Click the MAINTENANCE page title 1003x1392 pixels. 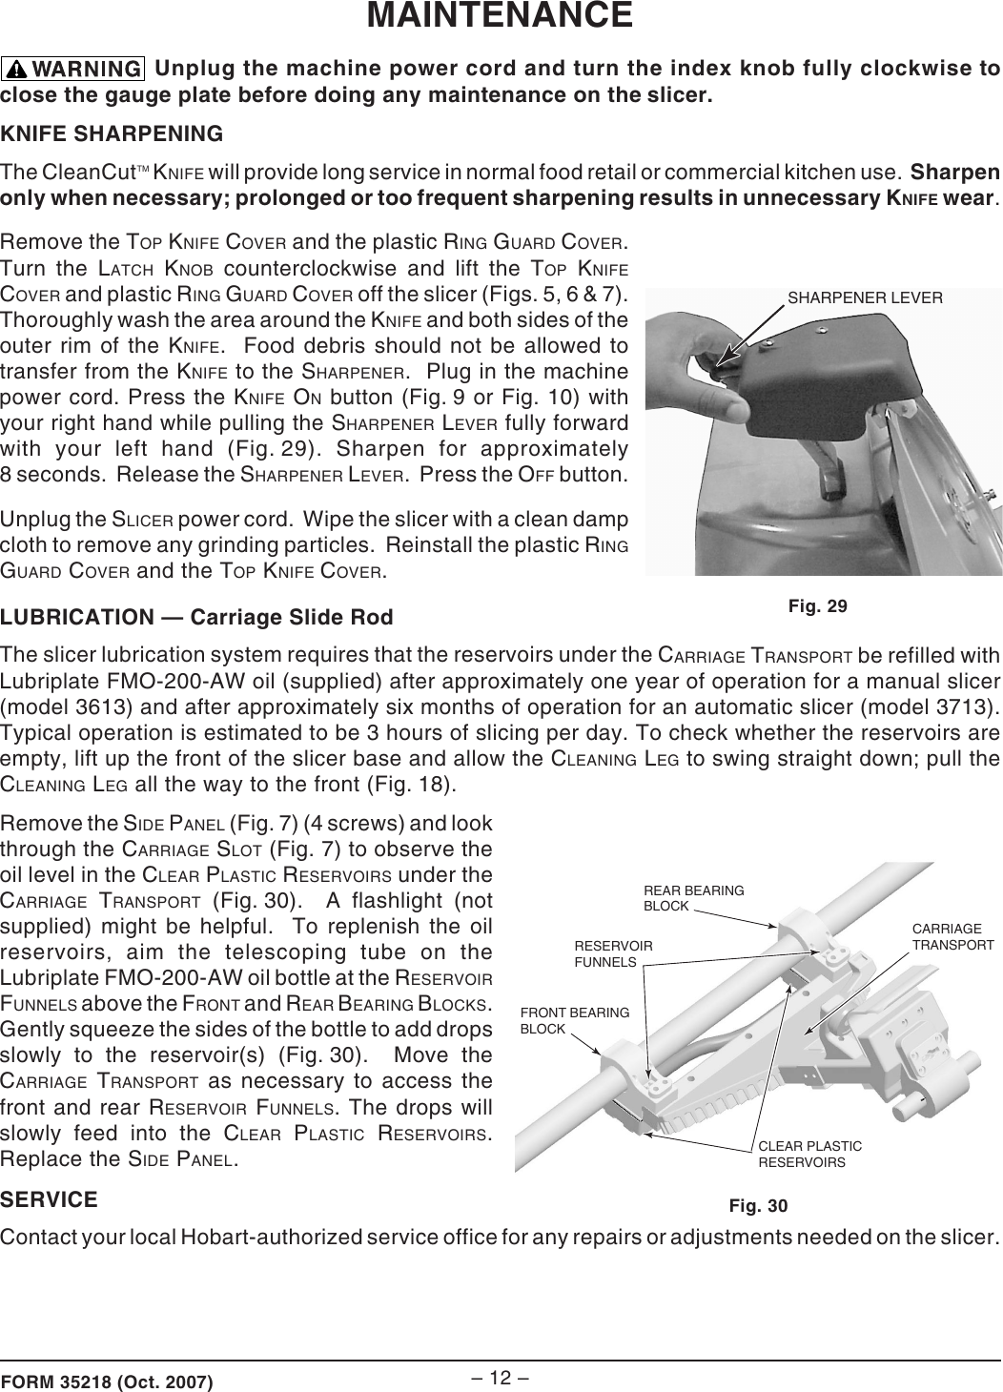tap(501, 16)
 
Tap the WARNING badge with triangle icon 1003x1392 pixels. tap(73, 70)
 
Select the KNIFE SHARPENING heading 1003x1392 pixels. tap(113, 133)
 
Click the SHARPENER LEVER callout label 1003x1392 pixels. tap(864, 297)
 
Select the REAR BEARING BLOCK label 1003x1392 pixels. tap(693, 897)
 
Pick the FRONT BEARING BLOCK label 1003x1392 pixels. tap(574, 1020)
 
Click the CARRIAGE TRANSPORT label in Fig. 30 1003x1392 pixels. tap(952, 936)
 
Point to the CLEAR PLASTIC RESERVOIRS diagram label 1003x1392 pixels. tap(809, 1154)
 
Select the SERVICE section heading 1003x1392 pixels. tap(50, 1198)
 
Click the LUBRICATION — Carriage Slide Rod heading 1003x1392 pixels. tap(196, 617)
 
